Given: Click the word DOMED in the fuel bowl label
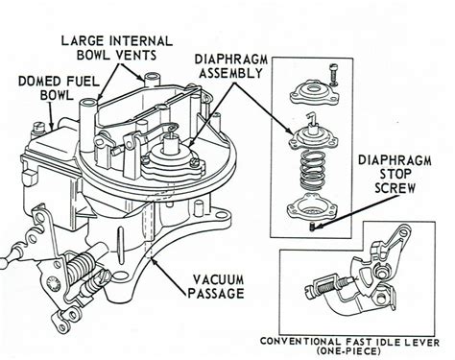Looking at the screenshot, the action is pyautogui.click(x=38, y=82).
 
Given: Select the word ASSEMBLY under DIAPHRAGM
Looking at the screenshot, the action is pyautogui.click(x=230, y=73).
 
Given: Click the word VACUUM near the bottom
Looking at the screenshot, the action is pyautogui.click(x=218, y=279).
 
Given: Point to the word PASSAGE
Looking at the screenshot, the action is pyautogui.click(x=215, y=293).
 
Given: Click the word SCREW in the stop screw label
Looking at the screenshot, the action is pyautogui.click(x=395, y=187).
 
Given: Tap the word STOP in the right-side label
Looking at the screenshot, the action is pyautogui.click(x=395, y=174).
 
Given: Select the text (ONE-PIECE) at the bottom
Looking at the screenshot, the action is pyautogui.click(x=348, y=351).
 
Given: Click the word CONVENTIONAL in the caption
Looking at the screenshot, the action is pyautogui.click(x=299, y=342).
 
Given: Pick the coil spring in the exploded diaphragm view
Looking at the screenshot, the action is pyautogui.click(x=312, y=170).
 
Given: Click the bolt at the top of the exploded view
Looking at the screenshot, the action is pyautogui.click(x=334, y=75).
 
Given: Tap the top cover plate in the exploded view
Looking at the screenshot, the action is pyautogui.click(x=313, y=94).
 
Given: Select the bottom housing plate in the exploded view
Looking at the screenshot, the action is pyautogui.click(x=312, y=207).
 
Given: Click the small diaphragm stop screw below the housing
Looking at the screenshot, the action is pyautogui.click(x=313, y=227).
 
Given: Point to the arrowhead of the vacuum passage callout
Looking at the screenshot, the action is pyautogui.click(x=153, y=261).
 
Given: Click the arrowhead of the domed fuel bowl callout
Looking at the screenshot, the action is pyautogui.click(x=52, y=127).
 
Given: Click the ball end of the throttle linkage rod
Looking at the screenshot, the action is pyautogui.click(x=3, y=264).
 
